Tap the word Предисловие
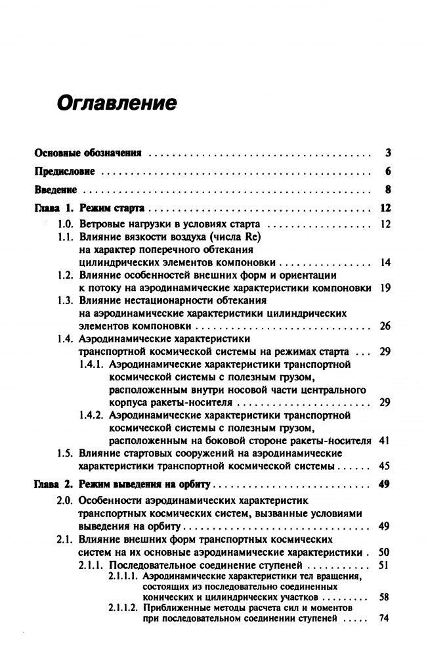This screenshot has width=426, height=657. [x=65, y=172]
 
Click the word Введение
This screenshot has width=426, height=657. [x=56, y=191]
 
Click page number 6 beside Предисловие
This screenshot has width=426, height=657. [x=388, y=172]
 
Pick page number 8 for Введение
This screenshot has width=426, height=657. [x=388, y=191]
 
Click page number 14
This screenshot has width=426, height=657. [x=385, y=263]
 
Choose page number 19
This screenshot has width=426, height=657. [x=385, y=288]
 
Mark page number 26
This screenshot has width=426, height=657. [x=385, y=326]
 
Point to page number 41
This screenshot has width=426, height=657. [x=385, y=441]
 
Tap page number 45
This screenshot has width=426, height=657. [x=385, y=466]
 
